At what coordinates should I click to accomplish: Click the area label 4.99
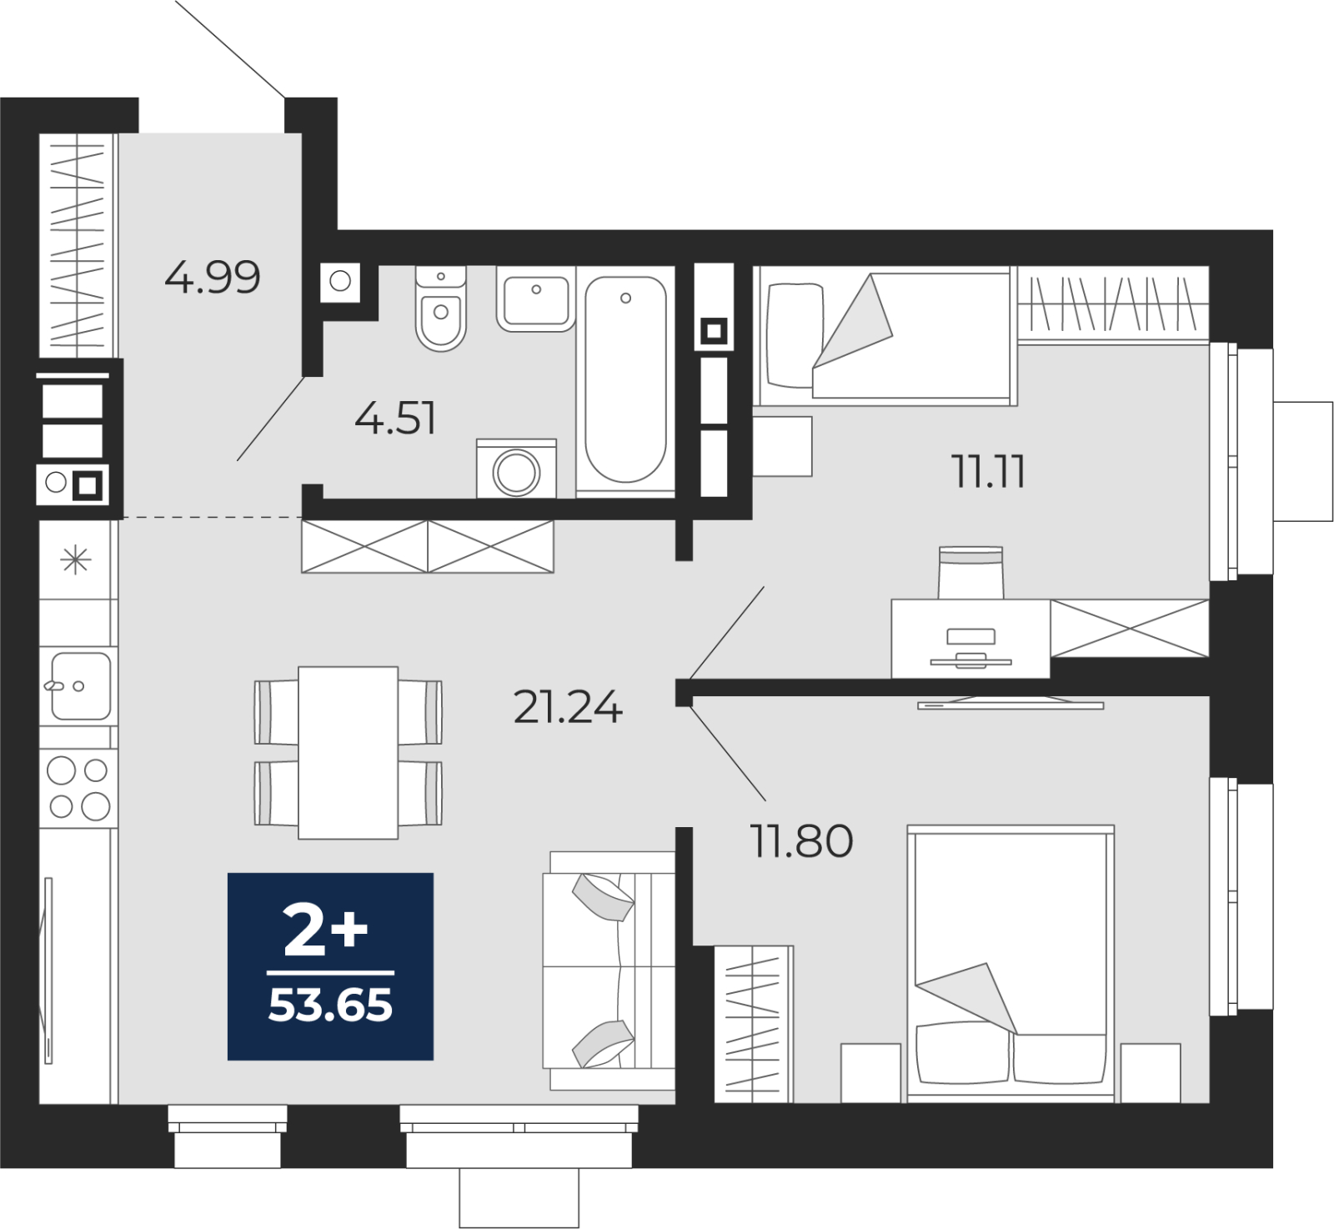coord(213,277)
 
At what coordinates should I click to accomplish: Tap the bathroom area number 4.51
coord(395,418)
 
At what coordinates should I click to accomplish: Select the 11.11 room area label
coord(988,472)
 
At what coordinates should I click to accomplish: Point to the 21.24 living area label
coord(568,708)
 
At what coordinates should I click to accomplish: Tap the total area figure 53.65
coord(330,1006)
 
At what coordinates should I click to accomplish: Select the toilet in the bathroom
coord(441,308)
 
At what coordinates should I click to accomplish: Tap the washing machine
coord(516,469)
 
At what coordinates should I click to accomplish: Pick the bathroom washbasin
coord(536,298)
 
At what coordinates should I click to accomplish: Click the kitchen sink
coord(79,686)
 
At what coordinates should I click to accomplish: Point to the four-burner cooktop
coord(78,788)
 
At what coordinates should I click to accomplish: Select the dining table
coord(348,752)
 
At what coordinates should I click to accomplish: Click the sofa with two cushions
coord(609,971)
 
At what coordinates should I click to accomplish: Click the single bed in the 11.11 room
coord(885,335)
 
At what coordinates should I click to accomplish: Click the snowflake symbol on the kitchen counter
coord(76,559)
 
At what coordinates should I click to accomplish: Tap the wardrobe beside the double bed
coord(754,1024)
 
